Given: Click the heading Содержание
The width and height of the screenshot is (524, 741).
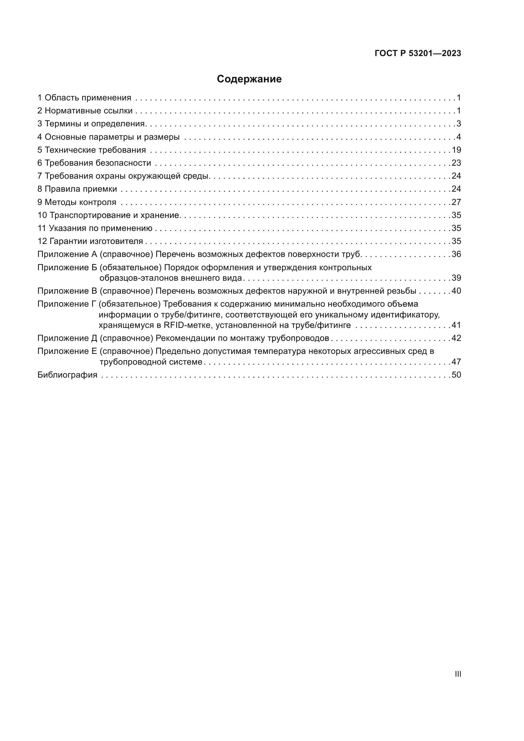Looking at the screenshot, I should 249,79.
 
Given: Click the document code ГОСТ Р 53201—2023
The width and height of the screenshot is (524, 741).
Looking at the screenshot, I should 418,54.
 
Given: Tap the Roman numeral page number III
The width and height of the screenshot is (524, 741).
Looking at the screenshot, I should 457,674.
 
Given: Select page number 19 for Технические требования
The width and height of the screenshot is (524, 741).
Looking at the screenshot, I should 456,150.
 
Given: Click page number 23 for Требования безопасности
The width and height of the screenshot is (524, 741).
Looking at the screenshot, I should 456,163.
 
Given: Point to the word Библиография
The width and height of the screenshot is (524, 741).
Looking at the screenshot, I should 67,375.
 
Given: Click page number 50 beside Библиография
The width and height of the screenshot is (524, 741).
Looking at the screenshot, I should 456,375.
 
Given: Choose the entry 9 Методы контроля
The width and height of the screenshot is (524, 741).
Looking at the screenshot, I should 77,202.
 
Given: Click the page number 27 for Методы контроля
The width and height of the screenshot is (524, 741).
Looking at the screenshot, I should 456,202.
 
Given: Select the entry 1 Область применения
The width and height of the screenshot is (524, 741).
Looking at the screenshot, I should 84,98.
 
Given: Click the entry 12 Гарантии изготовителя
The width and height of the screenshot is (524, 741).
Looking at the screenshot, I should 90,241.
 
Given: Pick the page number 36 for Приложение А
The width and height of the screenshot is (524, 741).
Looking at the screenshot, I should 456,254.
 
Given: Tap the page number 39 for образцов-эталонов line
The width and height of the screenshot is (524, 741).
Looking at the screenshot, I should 456,278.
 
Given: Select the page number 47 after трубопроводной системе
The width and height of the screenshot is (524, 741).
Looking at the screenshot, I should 456,362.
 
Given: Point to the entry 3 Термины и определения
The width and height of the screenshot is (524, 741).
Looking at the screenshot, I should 91,124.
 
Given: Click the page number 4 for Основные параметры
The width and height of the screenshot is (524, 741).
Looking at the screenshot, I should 458,137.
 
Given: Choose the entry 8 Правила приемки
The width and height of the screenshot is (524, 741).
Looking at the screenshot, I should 77,189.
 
